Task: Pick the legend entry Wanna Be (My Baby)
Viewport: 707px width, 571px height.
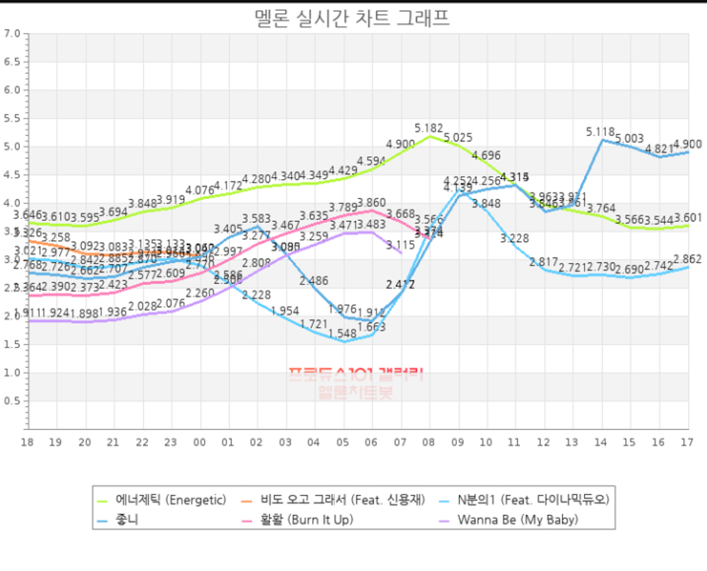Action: [518, 520]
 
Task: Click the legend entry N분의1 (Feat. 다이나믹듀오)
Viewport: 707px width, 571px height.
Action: [533, 500]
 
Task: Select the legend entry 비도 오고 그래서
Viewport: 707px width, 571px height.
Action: [339, 500]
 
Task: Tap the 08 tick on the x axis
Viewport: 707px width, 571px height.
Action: [429, 441]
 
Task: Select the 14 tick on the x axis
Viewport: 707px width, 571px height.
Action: [602, 441]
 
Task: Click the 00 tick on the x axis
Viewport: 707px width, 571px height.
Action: [199, 441]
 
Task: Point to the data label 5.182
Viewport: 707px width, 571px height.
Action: [429, 128]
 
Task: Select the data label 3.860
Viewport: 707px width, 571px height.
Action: [372, 203]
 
